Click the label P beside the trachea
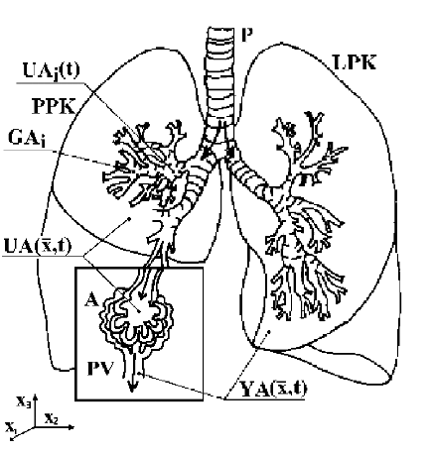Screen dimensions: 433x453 point(247,35)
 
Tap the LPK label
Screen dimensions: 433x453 point(355,61)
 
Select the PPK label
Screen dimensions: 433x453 point(54,106)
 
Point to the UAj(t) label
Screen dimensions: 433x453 point(52,70)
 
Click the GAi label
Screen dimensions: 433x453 point(27,139)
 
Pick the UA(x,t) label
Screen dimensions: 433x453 point(38,246)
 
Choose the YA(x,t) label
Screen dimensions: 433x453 point(273,389)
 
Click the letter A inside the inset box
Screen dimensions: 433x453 point(91,300)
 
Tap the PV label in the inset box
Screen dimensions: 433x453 point(100,369)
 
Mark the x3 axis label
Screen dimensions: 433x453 point(24,401)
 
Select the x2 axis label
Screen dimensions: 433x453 point(52,418)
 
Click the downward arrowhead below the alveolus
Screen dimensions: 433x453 point(132,387)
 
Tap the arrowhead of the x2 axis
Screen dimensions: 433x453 point(71,427)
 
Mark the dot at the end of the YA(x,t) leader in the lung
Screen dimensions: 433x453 point(269,332)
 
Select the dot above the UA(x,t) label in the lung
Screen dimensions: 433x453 point(129,218)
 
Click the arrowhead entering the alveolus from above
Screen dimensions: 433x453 point(141,295)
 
